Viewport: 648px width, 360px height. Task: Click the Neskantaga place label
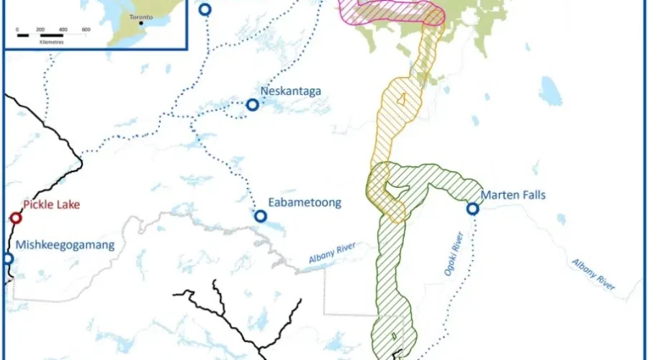[x=292, y=91]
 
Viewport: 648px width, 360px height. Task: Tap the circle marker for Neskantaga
[x=253, y=105]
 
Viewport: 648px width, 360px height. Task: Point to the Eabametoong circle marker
[x=261, y=216]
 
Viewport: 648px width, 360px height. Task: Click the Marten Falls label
[x=513, y=195]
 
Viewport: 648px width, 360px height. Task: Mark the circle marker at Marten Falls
[x=472, y=209]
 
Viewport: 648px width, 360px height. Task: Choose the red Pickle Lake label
[x=49, y=204]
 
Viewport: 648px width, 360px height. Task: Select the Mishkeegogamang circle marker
[x=8, y=258]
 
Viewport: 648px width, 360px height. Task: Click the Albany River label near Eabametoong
[x=332, y=259]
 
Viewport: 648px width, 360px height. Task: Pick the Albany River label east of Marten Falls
[x=595, y=274]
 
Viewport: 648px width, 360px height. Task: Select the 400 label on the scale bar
[x=63, y=29]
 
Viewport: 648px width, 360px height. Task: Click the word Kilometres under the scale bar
[x=45, y=42]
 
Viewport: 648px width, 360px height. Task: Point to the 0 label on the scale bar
[x=17, y=29]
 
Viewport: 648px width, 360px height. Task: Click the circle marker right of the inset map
[x=206, y=9]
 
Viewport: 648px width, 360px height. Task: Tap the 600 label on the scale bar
[x=86, y=29]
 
